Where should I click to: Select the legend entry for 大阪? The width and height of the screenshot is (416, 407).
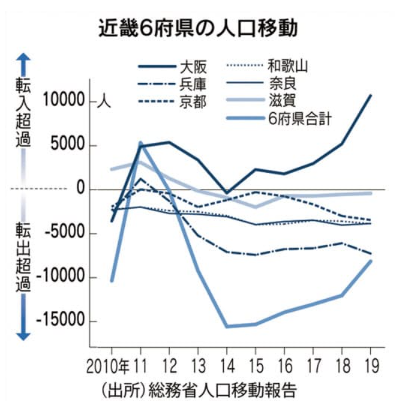[185, 67]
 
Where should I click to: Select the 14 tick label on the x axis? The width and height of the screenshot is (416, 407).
[226, 365]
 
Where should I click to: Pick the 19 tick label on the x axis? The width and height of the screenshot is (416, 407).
[370, 365]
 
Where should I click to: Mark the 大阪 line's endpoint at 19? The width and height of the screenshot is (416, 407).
[370, 95]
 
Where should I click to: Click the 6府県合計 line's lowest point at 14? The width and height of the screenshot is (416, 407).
[227, 327]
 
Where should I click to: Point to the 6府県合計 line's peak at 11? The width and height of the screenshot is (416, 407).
[140, 143]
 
